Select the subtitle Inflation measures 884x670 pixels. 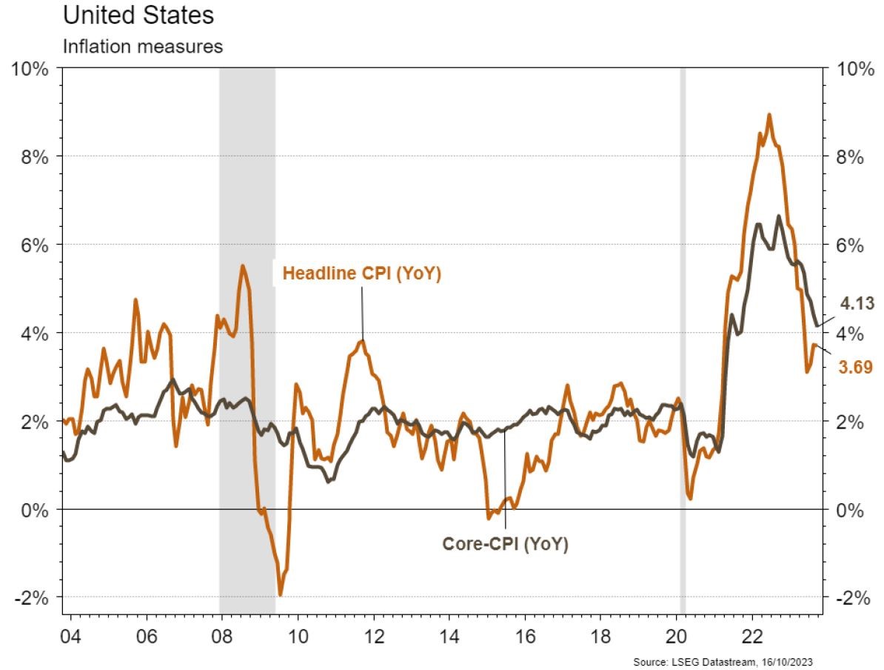143,46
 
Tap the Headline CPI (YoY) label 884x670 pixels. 362,274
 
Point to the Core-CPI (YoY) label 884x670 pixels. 505,545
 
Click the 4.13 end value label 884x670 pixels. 857,302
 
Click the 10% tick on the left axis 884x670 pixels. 29,69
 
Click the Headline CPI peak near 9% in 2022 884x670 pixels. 769,115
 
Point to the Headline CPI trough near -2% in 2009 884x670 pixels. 281,594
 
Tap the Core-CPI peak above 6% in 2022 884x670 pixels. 779,216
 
